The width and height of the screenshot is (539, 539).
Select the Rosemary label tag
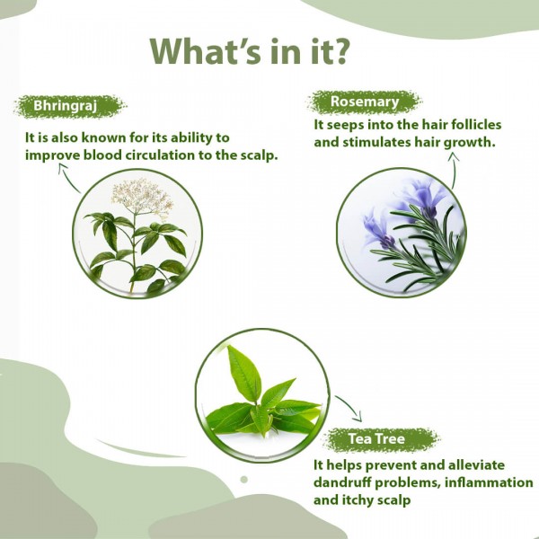tap(364, 102)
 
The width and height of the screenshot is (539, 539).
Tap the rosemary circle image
tap(401, 232)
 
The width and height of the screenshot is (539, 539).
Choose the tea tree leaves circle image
tap(260, 393)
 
